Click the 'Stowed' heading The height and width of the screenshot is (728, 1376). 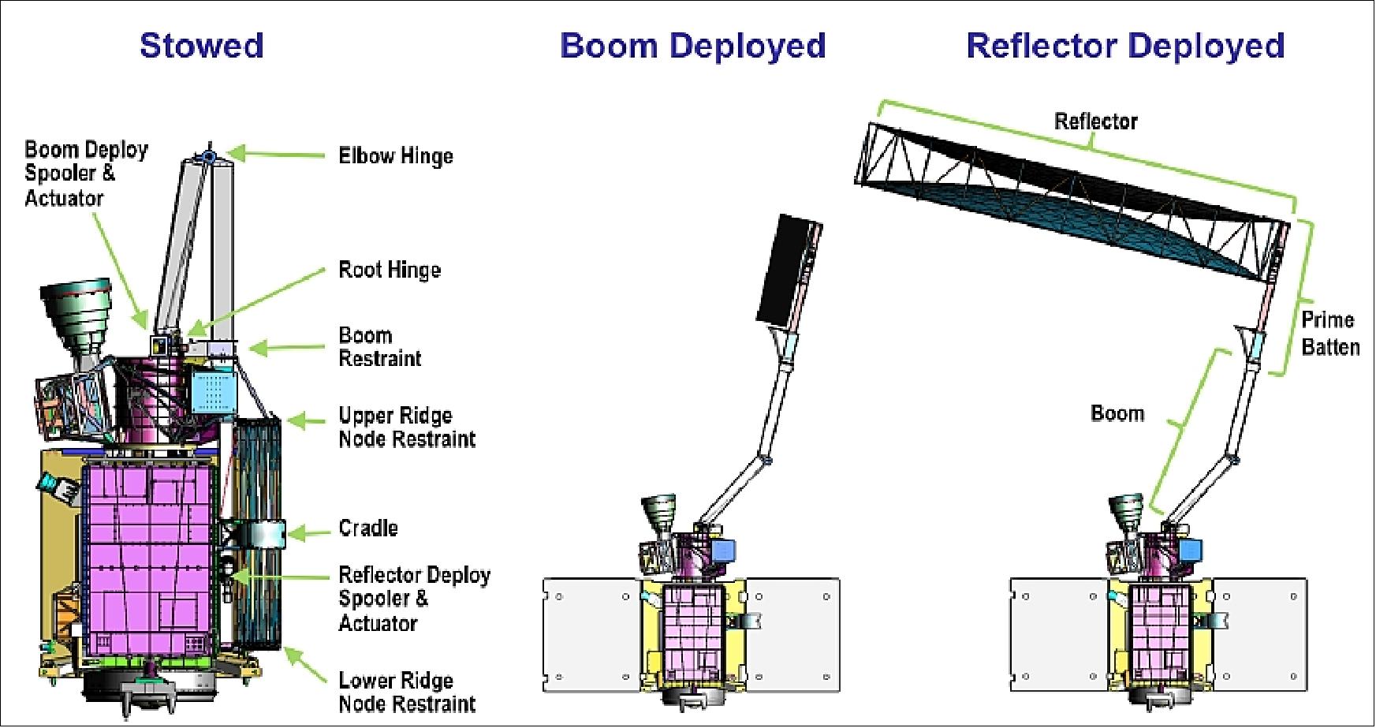201,45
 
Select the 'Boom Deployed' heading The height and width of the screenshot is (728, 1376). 692,45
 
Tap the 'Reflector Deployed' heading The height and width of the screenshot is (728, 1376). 1125,45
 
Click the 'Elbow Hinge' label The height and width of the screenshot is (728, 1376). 396,155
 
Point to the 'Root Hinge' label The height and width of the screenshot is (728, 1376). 390,270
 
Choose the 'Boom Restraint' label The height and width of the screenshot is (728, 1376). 379,347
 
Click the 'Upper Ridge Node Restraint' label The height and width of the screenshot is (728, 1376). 407,427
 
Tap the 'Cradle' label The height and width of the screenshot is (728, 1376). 368,528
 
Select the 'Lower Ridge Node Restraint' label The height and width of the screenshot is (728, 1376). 407,692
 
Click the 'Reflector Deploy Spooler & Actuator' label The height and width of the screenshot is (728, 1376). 414,599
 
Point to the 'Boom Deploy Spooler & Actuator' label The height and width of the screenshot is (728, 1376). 86,174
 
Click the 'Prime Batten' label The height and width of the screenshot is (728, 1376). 1330,334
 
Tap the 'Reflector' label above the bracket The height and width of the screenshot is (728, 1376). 1096,121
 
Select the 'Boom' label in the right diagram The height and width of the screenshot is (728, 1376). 1117,413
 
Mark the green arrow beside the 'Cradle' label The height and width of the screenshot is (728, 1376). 308,533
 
